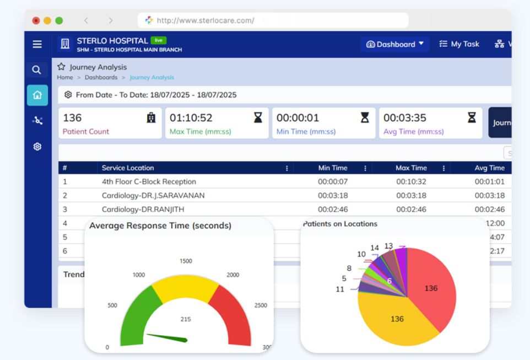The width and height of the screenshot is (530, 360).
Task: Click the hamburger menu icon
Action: click(x=37, y=44)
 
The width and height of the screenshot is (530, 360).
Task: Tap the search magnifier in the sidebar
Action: click(x=36, y=70)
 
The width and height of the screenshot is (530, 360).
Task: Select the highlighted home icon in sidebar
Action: click(x=37, y=95)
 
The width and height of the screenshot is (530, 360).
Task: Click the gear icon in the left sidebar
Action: click(x=37, y=147)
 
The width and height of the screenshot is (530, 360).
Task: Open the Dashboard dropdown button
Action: click(x=395, y=44)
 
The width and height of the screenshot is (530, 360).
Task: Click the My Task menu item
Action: click(x=459, y=44)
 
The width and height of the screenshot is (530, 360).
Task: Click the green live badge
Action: click(x=159, y=40)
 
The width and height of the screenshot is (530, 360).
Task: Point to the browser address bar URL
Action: click(x=205, y=20)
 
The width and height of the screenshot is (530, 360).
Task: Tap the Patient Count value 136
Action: click(x=72, y=118)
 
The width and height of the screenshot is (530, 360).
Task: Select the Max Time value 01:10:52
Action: click(x=191, y=118)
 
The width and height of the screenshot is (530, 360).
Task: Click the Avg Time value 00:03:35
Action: click(x=405, y=118)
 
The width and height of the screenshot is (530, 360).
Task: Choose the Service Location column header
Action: click(x=128, y=168)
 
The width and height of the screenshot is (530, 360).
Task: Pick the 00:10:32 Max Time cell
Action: click(x=411, y=181)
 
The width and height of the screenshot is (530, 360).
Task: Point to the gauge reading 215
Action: click(x=186, y=319)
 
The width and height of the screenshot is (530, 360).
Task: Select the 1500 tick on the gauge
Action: click(x=186, y=261)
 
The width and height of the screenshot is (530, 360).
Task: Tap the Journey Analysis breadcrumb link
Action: click(x=152, y=78)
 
